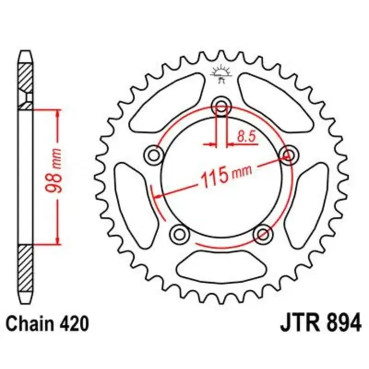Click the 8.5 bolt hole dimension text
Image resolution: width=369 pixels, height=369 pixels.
point(246,136)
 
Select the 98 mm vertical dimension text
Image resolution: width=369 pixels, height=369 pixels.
point(54,170)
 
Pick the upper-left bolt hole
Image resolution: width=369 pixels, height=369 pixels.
point(154,155)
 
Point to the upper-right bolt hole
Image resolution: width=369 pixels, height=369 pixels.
point(289,155)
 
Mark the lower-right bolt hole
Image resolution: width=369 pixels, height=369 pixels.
point(263,234)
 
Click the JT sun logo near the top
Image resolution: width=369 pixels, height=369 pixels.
point(221,74)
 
